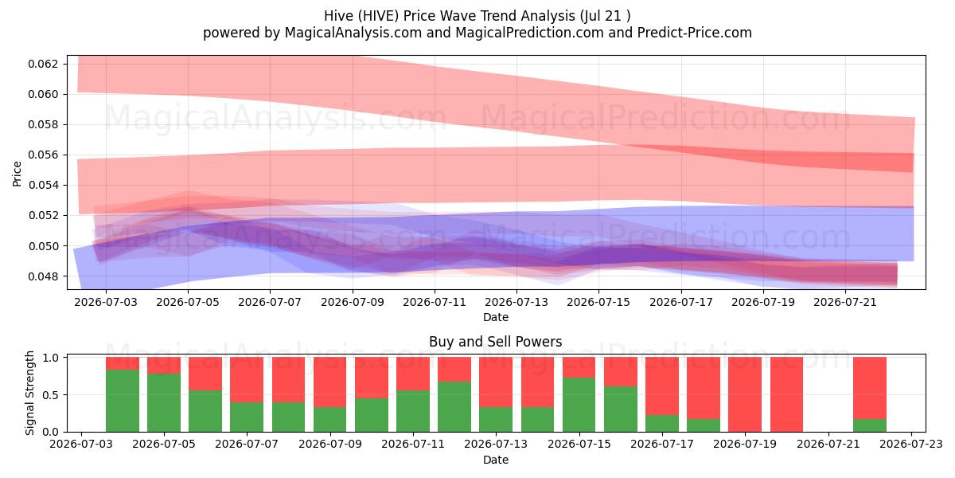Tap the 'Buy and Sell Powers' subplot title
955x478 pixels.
click(495, 342)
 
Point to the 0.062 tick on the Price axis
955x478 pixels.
click(43, 64)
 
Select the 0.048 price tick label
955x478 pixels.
click(43, 276)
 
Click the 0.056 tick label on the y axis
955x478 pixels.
click(43, 155)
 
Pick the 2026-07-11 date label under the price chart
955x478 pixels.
click(435, 302)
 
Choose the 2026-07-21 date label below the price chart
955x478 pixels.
click(845, 302)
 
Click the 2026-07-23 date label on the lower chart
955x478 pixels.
click(911, 445)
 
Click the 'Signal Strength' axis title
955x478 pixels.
click(29, 393)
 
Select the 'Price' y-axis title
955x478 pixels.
click(17, 174)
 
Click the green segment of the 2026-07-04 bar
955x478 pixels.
click(123, 401)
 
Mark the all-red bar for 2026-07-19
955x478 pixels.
click(745, 394)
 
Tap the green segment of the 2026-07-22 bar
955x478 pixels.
click(870, 425)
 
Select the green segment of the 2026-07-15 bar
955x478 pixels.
click(579, 405)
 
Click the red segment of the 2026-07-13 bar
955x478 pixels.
click(496, 382)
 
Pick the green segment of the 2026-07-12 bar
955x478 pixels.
click(454, 407)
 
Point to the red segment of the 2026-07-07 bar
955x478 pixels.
click(247, 380)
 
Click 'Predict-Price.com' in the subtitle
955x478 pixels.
click(695, 33)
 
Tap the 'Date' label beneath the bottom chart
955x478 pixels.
click(495, 460)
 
